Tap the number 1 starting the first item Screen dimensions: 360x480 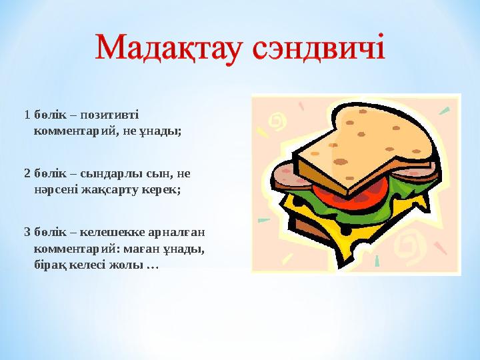click(x=27, y=115)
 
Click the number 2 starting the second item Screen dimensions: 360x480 click(x=27, y=173)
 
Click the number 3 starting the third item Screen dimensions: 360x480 click(x=27, y=232)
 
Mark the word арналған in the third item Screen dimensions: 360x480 click(x=175, y=232)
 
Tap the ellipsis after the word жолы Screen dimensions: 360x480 click(x=151, y=265)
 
